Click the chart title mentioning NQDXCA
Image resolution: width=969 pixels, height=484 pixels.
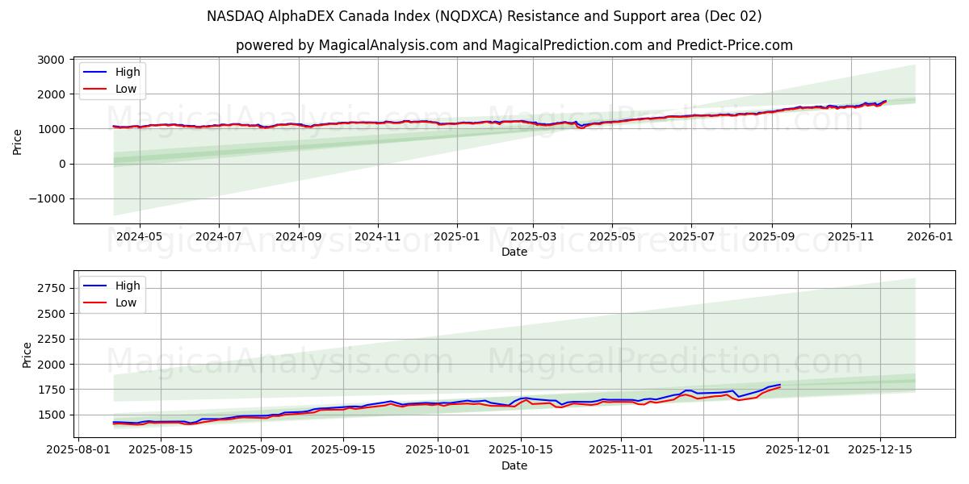[484, 16]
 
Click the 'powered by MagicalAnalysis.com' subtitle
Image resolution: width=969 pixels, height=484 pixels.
[514, 45]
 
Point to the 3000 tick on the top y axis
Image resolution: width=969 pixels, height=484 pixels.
[51, 60]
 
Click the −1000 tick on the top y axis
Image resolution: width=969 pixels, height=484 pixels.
[46, 198]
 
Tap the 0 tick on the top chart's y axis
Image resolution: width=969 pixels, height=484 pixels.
[61, 164]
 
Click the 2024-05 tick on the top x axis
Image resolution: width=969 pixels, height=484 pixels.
[140, 237]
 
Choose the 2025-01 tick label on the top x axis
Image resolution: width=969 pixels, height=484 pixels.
[457, 237]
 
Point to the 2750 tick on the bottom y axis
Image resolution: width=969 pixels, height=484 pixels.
[51, 288]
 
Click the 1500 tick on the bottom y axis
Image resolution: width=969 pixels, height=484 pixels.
[51, 415]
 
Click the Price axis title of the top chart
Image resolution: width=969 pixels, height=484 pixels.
[18, 141]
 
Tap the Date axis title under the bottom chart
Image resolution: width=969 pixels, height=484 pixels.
[514, 465]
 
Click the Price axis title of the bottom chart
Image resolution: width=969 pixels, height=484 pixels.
[27, 355]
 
